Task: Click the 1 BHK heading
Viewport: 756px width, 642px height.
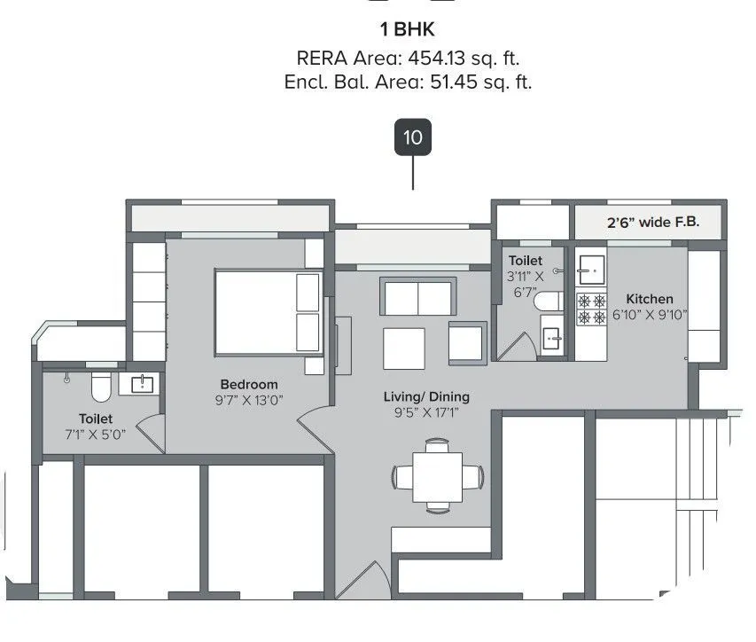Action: tap(407, 29)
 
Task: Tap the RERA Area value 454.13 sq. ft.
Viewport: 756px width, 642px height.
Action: tap(407, 59)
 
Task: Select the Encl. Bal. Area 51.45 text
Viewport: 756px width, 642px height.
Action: tap(407, 82)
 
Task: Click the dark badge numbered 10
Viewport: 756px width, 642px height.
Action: tap(412, 137)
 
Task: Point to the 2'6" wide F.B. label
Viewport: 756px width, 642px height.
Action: tap(652, 223)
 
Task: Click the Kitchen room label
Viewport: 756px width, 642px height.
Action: tap(649, 299)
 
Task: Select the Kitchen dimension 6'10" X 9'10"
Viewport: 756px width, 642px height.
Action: tap(649, 315)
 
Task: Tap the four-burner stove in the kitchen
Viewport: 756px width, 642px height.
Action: tap(591, 309)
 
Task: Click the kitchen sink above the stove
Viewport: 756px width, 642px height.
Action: tap(590, 267)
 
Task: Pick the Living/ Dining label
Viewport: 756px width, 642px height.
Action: tap(426, 396)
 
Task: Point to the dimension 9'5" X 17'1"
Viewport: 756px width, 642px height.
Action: tap(426, 412)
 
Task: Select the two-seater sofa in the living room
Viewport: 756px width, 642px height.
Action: tap(417, 296)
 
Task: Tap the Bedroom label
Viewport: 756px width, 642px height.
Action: tap(248, 384)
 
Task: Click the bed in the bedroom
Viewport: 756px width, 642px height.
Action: tap(268, 313)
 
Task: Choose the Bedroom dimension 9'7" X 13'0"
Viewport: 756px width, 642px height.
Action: tap(248, 400)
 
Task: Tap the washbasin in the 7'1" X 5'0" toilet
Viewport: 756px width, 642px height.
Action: tap(142, 384)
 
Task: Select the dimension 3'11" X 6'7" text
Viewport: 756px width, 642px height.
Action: tap(526, 284)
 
